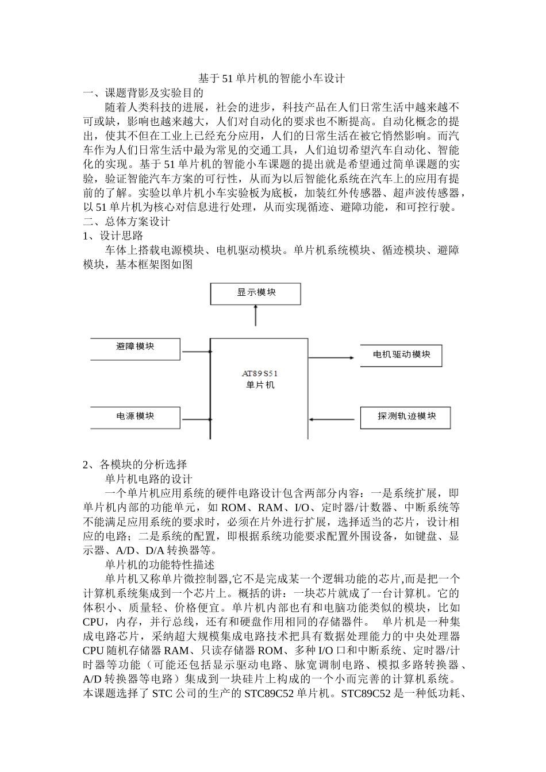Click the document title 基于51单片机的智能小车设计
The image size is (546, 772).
pyautogui.click(x=271, y=78)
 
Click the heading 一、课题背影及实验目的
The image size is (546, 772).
pyautogui.click(x=143, y=92)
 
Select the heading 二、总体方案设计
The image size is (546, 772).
pyautogui.click(x=126, y=221)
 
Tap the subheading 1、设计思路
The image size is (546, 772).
pyautogui.click(x=113, y=236)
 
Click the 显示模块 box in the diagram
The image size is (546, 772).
pyautogui.click(x=256, y=293)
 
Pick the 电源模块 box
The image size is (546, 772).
pyautogui.click(x=135, y=416)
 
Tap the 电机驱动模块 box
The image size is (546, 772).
pyautogui.click(x=401, y=355)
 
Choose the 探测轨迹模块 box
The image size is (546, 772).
pyautogui.click(x=406, y=416)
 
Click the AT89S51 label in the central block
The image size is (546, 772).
pyautogui.click(x=260, y=373)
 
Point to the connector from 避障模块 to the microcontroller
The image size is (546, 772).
pyautogui.click(x=195, y=351)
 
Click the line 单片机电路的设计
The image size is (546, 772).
pyautogui.click(x=148, y=478)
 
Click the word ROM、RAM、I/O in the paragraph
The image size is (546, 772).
pyautogui.click(x=265, y=507)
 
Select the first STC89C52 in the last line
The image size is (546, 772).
pyautogui.click(x=268, y=694)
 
